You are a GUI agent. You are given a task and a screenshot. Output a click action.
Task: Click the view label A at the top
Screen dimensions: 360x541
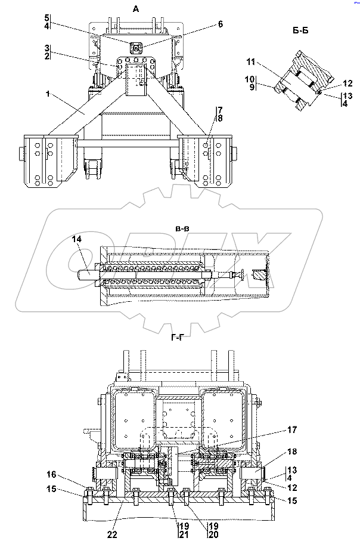coord(136,10)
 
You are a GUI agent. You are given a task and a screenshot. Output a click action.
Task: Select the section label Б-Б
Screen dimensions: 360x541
coord(300,31)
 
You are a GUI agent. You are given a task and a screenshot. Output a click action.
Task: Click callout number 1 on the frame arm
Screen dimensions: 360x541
coord(48,94)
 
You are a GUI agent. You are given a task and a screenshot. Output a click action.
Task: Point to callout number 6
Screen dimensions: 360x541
coord(221,24)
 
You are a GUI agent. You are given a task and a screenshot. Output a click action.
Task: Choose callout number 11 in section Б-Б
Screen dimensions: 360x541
coord(251,62)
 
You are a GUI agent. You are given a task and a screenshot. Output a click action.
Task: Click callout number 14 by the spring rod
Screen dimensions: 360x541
coord(76,239)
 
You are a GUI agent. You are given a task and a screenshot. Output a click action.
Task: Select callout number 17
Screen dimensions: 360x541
coord(291,429)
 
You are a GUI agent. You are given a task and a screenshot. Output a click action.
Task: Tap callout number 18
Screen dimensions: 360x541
coord(292,452)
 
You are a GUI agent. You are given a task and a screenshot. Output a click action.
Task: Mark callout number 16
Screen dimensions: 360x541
coord(51,474)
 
